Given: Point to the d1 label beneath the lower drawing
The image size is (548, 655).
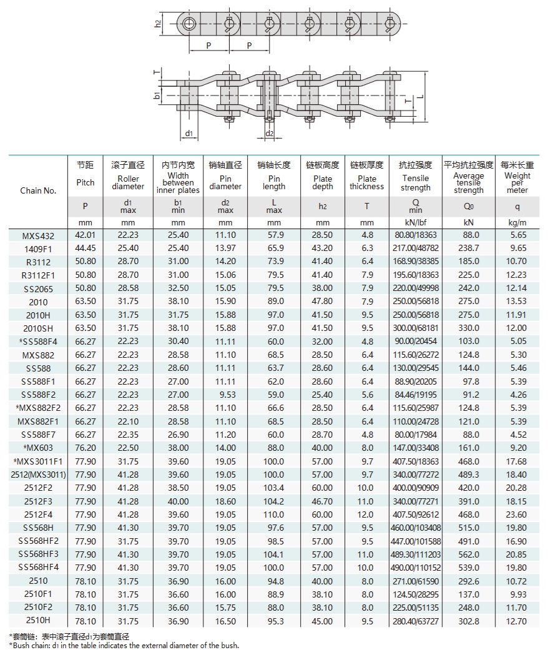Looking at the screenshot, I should point(188,134).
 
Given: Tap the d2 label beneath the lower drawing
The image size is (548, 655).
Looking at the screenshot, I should point(270,134).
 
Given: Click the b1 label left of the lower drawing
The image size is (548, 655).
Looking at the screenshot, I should point(157,96).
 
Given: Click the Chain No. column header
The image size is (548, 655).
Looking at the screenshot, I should point(38,190).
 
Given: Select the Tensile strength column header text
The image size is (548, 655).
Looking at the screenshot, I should point(416,183).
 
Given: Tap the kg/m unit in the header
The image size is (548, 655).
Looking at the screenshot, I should point(517,222).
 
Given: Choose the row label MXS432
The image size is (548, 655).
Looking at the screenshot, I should point(38,235).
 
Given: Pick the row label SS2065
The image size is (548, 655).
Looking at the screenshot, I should point(38,288).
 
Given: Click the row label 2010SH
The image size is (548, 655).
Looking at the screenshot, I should point(38,328).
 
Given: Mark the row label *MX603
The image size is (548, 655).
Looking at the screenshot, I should point(38,448).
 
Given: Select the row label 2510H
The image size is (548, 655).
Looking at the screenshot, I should point(38,621).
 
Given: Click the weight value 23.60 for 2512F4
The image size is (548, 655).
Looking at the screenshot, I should point(517,515).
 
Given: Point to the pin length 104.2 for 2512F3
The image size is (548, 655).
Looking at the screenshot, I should point(274,501).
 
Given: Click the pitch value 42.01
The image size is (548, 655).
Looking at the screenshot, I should point(86,235).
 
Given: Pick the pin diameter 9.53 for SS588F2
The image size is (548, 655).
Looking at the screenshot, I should point(225,395).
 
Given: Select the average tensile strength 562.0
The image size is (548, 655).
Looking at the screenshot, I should point(469,554).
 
